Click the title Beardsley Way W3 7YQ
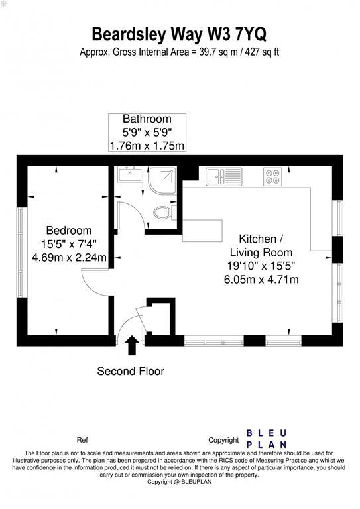point(180,34)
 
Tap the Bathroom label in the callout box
point(147,119)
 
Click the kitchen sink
point(219,176)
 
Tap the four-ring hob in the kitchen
point(272,176)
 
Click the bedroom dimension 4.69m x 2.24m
point(64,257)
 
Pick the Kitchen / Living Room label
point(261,245)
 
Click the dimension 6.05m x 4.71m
point(261,279)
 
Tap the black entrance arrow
point(132,345)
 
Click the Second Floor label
point(131,371)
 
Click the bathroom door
point(129,213)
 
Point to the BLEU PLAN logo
point(266,439)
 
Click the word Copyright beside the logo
point(223,440)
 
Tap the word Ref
point(82,440)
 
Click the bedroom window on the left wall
point(22,252)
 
